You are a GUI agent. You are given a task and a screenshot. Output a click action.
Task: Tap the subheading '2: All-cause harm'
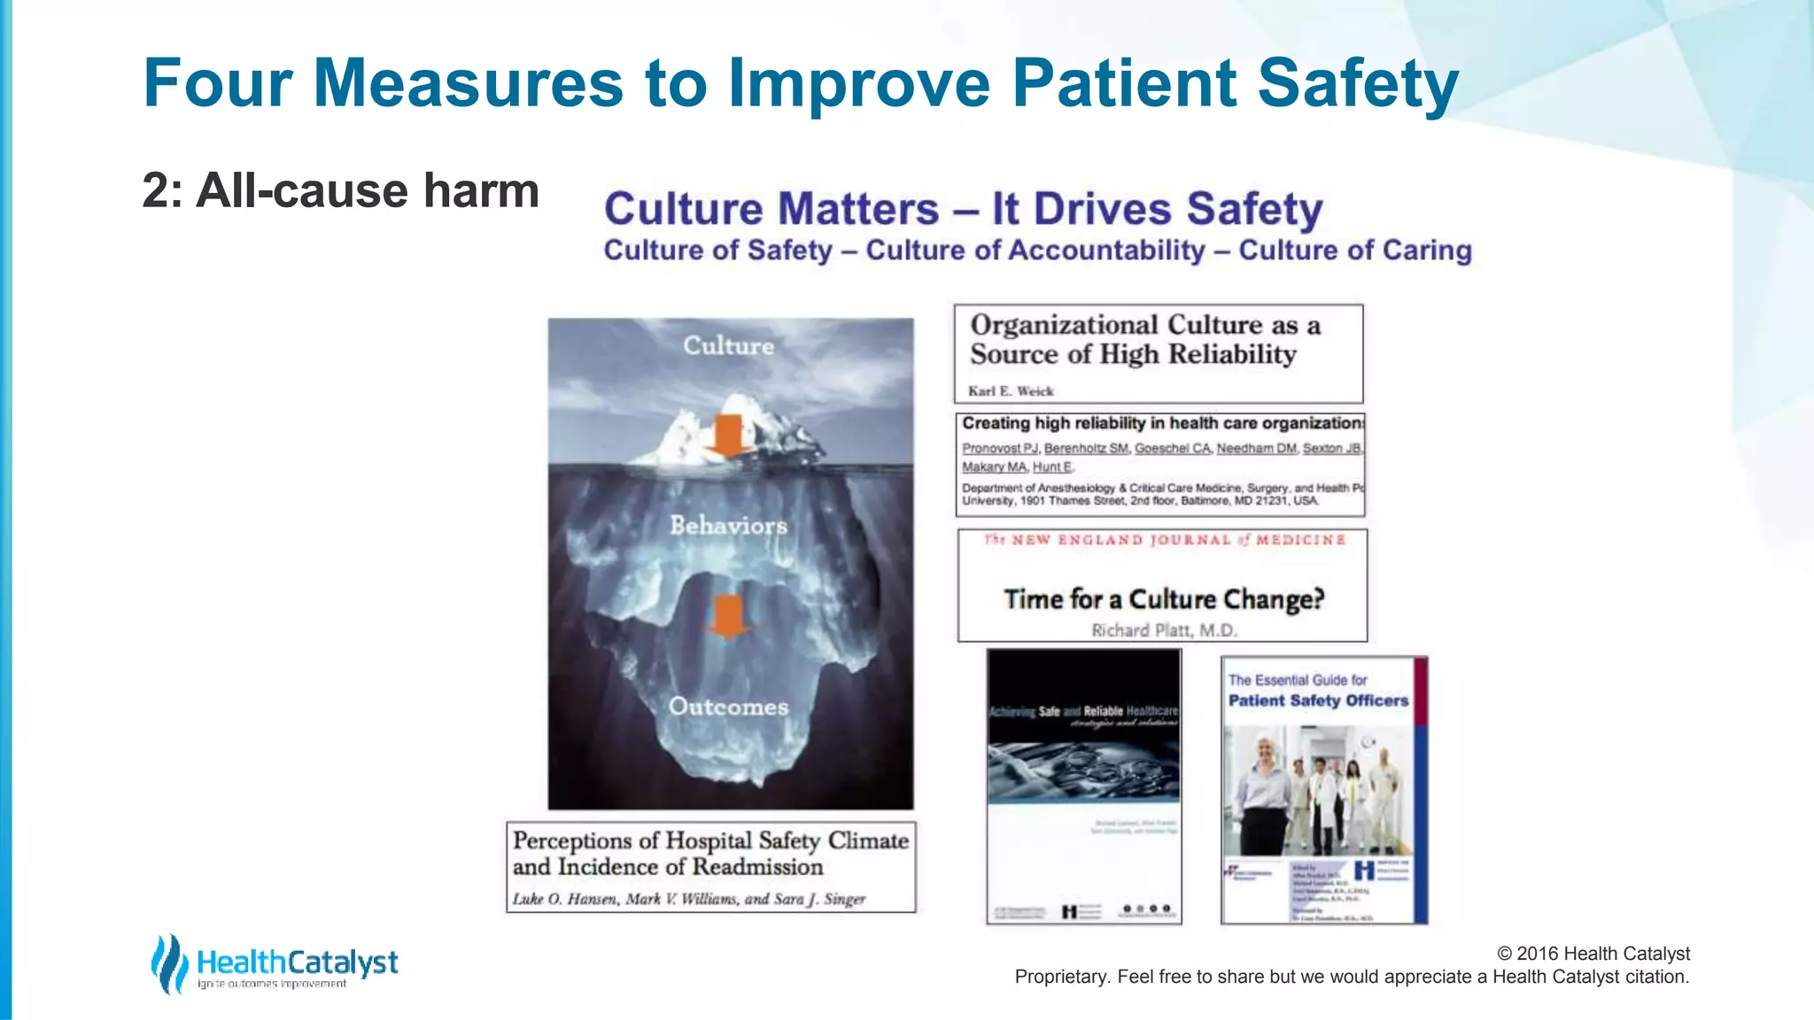coord(340,190)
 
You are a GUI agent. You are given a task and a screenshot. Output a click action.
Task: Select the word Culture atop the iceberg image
coord(728,345)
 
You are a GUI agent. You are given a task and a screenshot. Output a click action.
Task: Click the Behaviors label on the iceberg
coord(728,525)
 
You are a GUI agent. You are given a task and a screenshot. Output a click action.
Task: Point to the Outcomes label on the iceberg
coord(728,707)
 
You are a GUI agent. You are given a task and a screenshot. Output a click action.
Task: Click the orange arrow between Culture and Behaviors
coord(728,436)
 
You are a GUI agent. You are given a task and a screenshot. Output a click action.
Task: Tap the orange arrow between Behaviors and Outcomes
coord(728,616)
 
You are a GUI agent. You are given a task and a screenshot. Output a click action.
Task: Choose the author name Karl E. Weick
coord(1011,390)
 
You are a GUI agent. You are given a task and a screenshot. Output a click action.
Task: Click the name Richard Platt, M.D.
coord(1164,630)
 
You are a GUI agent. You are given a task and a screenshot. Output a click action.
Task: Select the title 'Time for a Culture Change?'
coord(1164,599)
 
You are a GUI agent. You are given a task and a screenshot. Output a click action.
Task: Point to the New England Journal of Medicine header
coord(1164,540)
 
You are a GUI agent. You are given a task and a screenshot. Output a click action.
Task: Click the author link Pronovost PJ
coord(1000,449)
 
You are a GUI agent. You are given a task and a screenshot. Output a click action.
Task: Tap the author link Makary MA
coord(994,467)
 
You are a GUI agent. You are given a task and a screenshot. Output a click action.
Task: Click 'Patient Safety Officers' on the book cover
coord(1318,700)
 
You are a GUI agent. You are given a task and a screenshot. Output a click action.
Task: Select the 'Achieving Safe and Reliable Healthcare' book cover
coord(1084,786)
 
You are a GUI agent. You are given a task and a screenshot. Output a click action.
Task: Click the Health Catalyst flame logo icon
coord(169,963)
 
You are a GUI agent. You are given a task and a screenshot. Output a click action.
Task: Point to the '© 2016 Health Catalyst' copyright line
coord(1593,954)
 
